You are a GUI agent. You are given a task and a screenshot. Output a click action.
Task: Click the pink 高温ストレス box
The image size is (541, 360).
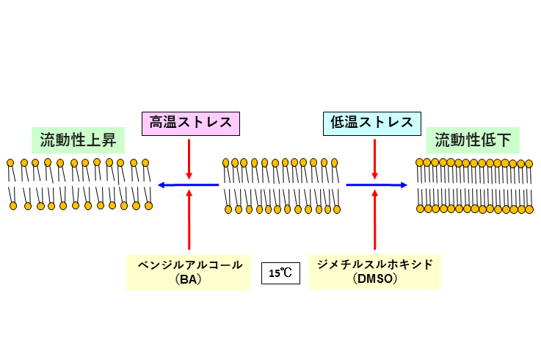point(191,122)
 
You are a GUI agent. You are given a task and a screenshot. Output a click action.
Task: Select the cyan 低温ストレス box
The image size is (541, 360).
point(373,122)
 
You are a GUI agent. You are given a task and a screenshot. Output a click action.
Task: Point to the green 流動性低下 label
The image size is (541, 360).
point(473,140)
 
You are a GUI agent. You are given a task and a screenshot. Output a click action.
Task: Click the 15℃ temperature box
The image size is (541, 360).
point(280,273)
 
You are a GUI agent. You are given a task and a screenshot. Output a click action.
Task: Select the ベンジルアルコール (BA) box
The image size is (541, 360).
point(189,273)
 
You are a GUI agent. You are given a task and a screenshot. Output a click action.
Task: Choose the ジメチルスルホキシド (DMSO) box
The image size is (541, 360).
point(374,272)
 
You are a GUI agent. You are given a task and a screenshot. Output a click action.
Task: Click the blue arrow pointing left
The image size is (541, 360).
point(188,185)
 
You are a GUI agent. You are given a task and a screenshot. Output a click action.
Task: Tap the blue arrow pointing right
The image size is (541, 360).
point(377,185)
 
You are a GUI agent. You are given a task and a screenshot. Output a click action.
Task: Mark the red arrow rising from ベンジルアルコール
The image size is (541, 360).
point(189,220)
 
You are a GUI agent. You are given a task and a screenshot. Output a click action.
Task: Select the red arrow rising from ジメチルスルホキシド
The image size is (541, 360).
point(375,220)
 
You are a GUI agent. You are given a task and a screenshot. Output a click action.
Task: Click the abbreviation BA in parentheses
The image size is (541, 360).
point(189,280)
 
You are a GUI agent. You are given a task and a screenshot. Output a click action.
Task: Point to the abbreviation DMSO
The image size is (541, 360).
point(374,279)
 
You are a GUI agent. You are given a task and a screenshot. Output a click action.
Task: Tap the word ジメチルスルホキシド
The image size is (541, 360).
point(374,264)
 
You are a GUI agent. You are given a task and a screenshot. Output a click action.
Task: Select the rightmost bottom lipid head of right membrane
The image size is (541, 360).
point(530,209)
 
